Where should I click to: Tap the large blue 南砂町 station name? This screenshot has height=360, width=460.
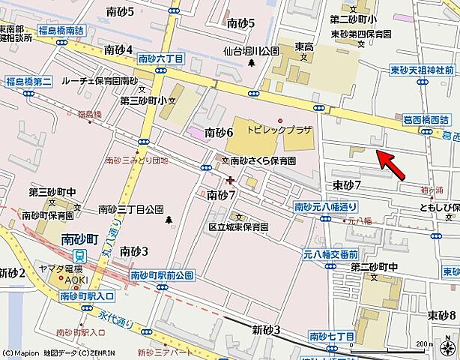(80, 241)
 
